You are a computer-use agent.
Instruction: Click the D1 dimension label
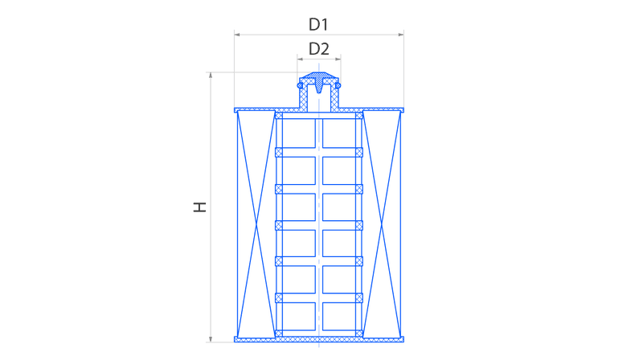(x=318, y=25)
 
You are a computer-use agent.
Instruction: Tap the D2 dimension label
(x=318, y=49)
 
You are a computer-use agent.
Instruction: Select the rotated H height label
(x=199, y=207)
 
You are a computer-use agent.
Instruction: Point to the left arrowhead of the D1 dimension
(x=237, y=35)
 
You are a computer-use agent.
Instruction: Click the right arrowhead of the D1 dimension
(x=401, y=35)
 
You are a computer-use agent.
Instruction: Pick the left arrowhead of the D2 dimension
(x=300, y=59)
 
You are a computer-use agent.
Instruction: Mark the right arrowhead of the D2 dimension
(x=338, y=59)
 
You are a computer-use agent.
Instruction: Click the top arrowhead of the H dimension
(x=211, y=75)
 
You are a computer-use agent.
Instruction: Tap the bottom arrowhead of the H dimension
(x=211, y=339)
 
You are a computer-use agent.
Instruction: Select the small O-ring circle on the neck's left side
(x=300, y=85)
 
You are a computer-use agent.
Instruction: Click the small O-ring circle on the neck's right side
(x=338, y=85)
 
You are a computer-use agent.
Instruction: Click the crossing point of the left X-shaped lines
(x=256, y=225)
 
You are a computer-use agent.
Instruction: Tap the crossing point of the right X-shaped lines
(x=382, y=225)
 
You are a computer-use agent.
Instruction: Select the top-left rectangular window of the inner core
(x=299, y=133)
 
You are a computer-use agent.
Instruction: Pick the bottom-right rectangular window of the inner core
(x=339, y=316)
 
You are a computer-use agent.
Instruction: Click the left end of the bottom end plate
(x=235, y=339)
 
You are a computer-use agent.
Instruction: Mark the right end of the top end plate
(x=403, y=110)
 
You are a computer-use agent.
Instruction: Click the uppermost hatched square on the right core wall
(x=359, y=116)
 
